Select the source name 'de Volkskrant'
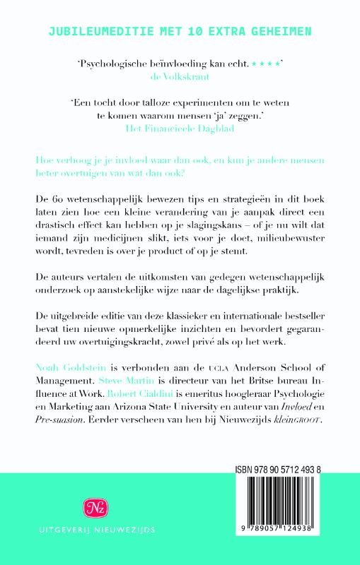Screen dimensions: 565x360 coord(180,78)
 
